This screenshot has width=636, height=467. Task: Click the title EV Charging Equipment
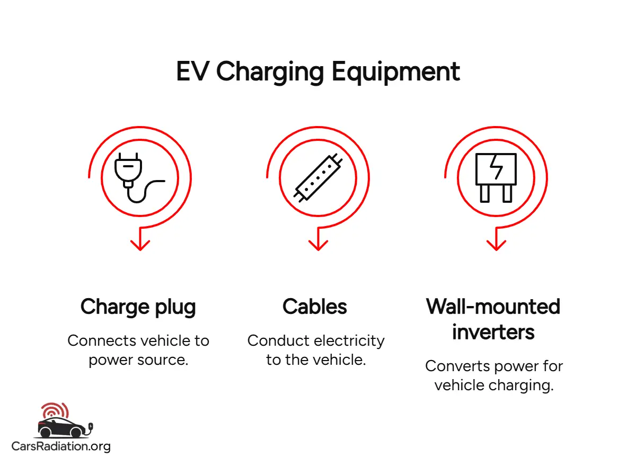pyautogui.click(x=317, y=71)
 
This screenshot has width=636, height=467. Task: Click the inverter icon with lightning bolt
pyautogui.click(x=496, y=177)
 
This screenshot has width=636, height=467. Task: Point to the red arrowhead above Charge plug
pyautogui.click(x=140, y=244)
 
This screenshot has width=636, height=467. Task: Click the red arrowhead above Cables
pyautogui.click(x=318, y=244)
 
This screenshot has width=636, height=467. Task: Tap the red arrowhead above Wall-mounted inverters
pyautogui.click(x=496, y=244)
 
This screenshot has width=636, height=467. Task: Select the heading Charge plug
pyautogui.click(x=138, y=307)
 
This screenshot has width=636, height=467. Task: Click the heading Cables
pyautogui.click(x=315, y=307)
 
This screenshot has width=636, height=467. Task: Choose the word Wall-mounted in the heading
pyautogui.click(x=493, y=307)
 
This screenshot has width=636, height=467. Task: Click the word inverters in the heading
pyautogui.click(x=493, y=332)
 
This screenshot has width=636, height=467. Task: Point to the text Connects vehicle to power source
pyautogui.click(x=138, y=350)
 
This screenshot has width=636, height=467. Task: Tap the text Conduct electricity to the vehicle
pyautogui.click(x=316, y=350)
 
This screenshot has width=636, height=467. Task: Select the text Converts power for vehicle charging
pyautogui.click(x=494, y=375)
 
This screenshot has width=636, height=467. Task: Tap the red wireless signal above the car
pyautogui.click(x=55, y=410)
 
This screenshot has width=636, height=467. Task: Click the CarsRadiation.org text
pyautogui.click(x=61, y=446)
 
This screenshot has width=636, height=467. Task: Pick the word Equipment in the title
pyautogui.click(x=396, y=71)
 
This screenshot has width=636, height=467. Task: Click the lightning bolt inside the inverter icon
pyautogui.click(x=496, y=169)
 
